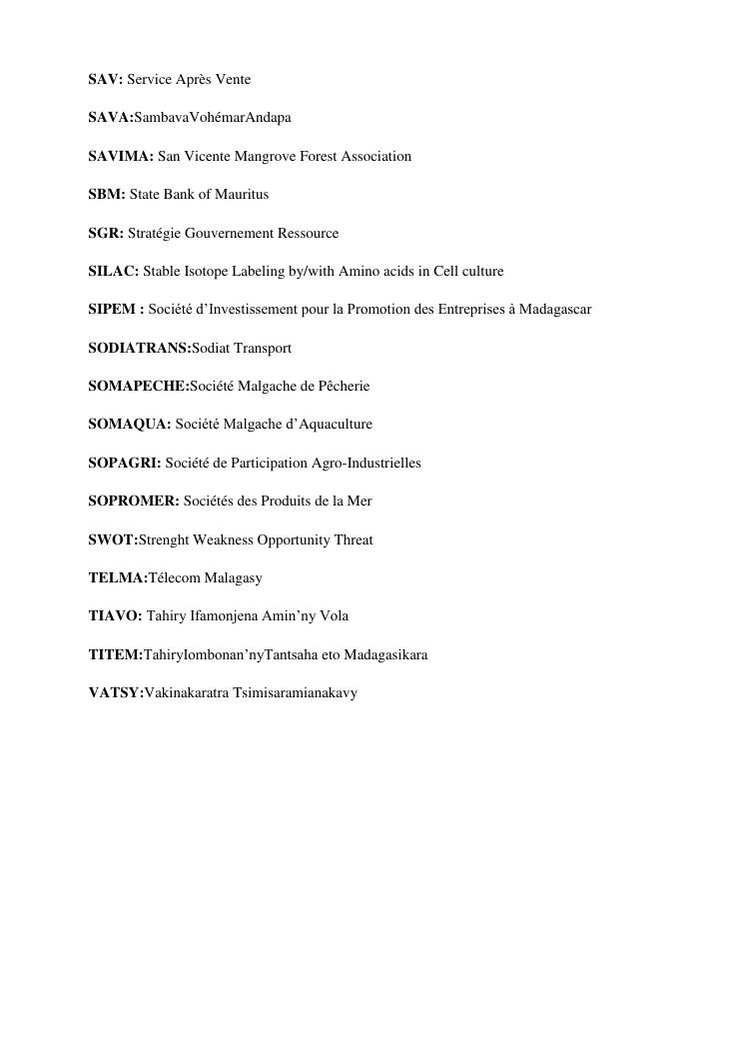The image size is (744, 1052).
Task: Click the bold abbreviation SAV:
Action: tap(106, 79)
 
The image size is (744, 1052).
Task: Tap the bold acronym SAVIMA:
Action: tap(121, 156)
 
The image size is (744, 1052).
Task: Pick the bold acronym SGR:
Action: tap(106, 233)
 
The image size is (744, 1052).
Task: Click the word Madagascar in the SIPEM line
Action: tap(556, 310)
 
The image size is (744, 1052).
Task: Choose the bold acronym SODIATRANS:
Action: tap(139, 348)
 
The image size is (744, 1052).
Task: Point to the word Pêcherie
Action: tap(344, 386)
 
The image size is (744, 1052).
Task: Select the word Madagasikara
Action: tap(385, 654)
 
